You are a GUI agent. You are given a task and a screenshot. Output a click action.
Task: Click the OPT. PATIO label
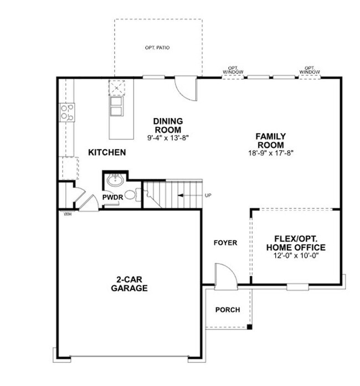coord(157,48)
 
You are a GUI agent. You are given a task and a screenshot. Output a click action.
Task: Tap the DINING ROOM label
coord(168,125)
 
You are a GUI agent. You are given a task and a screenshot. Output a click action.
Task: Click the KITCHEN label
coord(107,152)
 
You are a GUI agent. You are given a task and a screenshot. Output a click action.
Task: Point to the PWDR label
coord(112,197)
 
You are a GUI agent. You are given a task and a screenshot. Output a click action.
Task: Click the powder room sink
coord(115,181)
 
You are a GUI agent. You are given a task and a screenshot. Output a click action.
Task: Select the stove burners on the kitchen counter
coord(67,112)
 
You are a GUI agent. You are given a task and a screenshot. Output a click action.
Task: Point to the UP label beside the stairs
coord(208,195)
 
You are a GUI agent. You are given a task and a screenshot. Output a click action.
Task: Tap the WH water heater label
coord(68,214)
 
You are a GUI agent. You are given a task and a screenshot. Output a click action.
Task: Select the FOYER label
coord(226,243)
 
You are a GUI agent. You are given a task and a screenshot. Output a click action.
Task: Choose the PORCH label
coord(228,310)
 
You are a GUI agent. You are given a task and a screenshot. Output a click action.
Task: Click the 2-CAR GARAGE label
coord(129,284)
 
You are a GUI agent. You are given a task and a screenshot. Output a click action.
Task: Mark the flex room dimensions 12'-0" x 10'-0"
coord(296,255)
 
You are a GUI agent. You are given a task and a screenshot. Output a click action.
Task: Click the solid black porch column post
coord(249,327)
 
